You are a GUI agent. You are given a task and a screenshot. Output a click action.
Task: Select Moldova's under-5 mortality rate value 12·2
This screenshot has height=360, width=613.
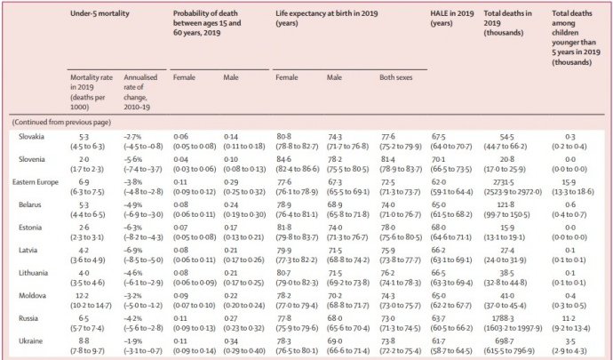click(x=83, y=296)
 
